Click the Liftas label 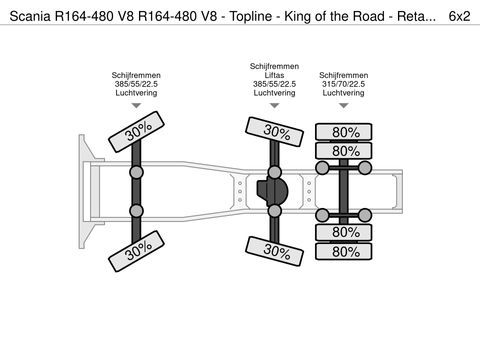coord(272,75)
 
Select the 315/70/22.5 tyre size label coord(343,84)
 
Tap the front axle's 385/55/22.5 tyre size coord(136,84)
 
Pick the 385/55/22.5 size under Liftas coord(272,84)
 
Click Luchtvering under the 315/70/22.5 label coord(343,93)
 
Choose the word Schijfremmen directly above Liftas coord(272,66)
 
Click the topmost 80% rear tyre coord(346,131)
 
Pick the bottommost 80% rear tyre coord(346,252)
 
